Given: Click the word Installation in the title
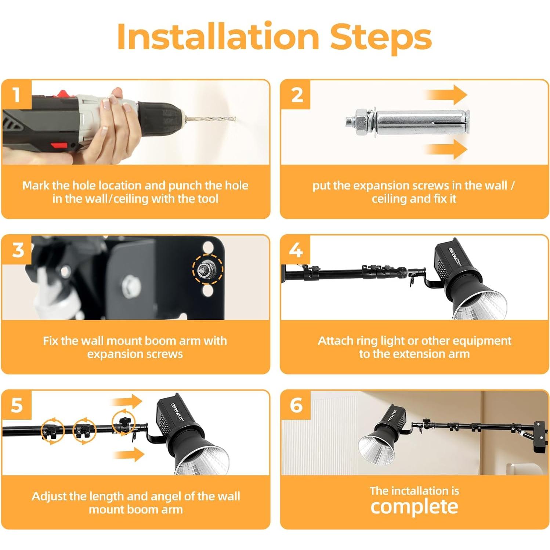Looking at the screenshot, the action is tap(218, 37).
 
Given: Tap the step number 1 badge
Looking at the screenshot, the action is tap(16, 95).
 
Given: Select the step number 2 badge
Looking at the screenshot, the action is tap(296, 95).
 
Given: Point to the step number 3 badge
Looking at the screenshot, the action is tap(17, 250).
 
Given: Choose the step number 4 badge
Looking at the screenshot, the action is tap(296, 250).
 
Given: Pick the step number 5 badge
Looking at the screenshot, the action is tap(17, 405).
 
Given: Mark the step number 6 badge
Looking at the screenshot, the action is tap(296, 405).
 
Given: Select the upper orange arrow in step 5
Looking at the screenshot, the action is tap(127, 402).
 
